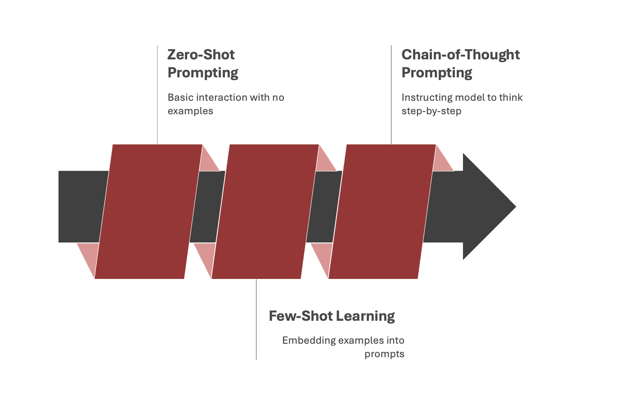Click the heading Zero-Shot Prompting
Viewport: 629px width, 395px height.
[202, 63]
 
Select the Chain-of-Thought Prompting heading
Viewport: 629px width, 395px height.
[460, 63]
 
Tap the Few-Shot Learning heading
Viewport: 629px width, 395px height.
[332, 316]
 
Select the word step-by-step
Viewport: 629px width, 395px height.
[431, 111]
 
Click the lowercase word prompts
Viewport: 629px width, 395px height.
[384, 354]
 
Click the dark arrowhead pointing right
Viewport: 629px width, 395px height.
[488, 206]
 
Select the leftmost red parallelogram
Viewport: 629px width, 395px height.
[148, 211]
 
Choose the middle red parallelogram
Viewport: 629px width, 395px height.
[265, 211]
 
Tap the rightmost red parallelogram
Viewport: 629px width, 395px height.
[382, 211]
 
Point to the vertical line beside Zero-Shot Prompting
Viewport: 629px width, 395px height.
[157, 94]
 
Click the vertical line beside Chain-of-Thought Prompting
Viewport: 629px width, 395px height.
[391, 94]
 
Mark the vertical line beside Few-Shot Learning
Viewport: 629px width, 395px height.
[256, 319]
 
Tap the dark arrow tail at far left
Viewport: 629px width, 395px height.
[81, 206]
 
